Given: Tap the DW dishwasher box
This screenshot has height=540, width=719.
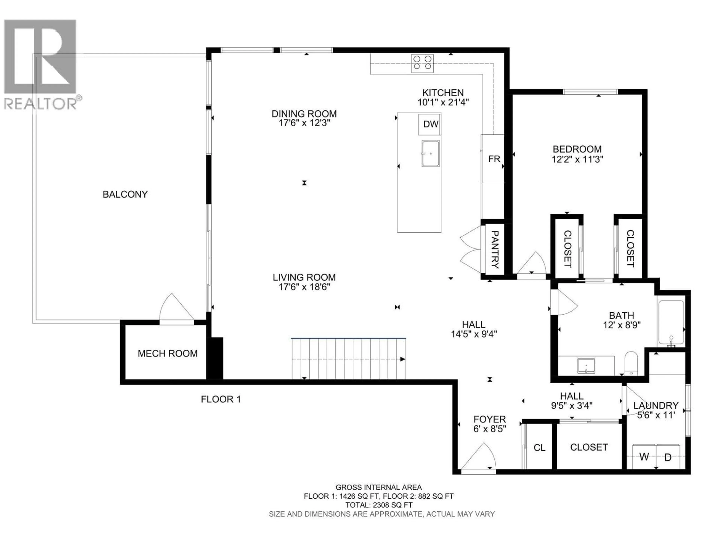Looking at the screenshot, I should [430, 124].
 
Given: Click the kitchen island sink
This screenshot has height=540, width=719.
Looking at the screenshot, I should [430, 153].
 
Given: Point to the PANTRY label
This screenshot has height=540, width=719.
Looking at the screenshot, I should [494, 249].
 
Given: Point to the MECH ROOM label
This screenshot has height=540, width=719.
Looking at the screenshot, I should [167, 353].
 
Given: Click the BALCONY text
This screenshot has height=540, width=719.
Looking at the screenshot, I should [125, 194].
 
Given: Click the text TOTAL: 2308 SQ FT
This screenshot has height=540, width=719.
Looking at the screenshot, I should [378, 505].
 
